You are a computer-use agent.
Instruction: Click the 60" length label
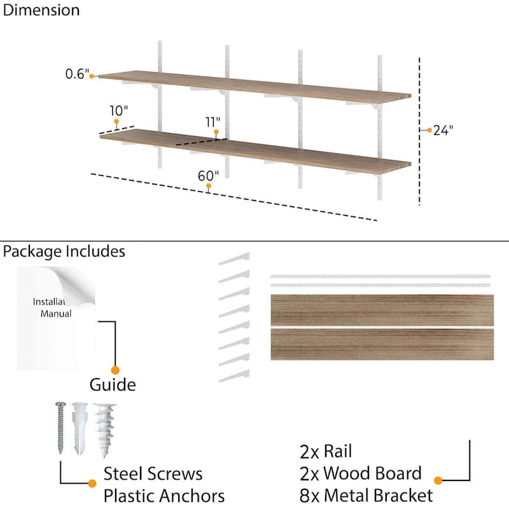coord(208,174)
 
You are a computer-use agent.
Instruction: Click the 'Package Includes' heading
coord(64,251)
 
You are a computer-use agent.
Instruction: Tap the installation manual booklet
coord(56,318)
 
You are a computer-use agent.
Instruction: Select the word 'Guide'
coord(112,385)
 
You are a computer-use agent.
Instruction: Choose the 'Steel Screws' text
coord(153,474)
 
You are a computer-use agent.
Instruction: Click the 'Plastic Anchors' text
coord(164,496)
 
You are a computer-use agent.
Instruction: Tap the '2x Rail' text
coord(326,452)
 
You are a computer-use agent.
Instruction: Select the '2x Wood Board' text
coord(360,473)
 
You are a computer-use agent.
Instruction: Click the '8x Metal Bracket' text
coord(366,495)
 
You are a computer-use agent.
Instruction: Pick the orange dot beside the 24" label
coord(429,130)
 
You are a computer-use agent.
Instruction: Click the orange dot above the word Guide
coord(115,370)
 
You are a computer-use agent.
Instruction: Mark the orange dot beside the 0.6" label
coord(92,76)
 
